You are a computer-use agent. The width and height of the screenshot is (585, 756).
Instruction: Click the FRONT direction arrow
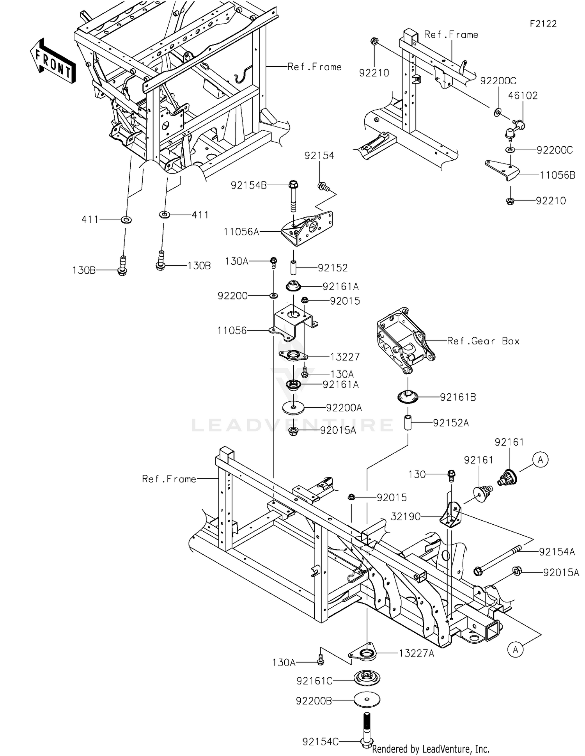point(53,62)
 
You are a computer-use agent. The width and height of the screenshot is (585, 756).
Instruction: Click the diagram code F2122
point(543,24)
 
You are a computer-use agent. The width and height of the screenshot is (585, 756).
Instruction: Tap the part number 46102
point(523,96)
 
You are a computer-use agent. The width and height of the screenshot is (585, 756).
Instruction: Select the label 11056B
point(557,175)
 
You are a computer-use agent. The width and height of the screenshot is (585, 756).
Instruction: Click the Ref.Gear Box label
point(483,341)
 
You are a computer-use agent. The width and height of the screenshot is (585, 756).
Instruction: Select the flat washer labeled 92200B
point(367,700)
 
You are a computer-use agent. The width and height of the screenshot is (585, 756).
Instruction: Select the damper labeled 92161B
point(408,397)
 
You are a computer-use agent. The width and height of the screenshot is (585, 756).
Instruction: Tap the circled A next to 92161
point(540,460)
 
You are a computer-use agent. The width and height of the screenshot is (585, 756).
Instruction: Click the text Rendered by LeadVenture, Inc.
point(431,749)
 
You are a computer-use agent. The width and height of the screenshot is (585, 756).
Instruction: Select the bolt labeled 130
point(452,475)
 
